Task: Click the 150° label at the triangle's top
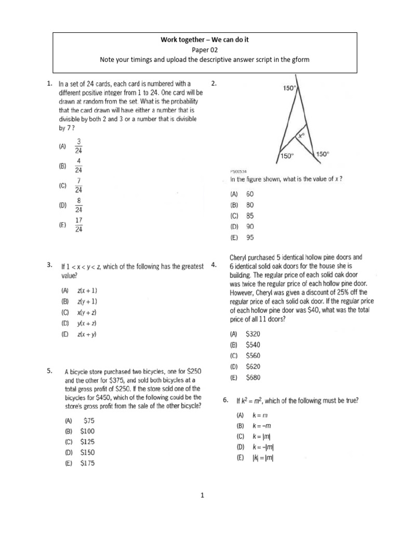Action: (x=289, y=88)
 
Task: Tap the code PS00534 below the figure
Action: (x=238, y=171)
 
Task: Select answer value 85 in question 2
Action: (x=250, y=215)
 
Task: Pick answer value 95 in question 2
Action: (x=250, y=238)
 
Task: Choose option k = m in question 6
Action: (x=259, y=415)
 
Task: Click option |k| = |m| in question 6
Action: (x=262, y=458)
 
